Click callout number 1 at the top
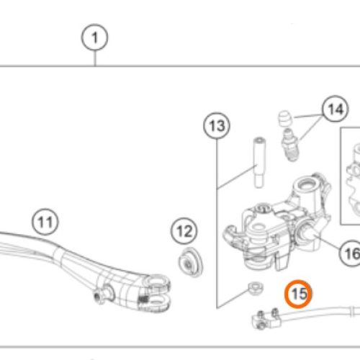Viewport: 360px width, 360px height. pos(94,37)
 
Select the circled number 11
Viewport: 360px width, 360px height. pos(45,222)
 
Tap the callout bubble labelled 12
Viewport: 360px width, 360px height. pos(184,231)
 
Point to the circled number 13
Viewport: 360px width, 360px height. pos(217,125)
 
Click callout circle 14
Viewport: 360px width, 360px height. pos(336,109)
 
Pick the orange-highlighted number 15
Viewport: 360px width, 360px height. pos(298,294)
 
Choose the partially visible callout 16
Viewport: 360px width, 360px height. pos(350,253)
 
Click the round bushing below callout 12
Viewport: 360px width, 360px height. pos(191,263)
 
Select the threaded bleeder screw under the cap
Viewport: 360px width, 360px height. pos(290,145)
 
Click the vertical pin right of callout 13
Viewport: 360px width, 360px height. pos(259,162)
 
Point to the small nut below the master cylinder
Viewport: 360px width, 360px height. pos(256,288)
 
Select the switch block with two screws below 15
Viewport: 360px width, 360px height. pos(266,319)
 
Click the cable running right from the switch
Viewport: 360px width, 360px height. pos(319,312)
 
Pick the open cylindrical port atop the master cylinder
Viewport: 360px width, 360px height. pos(306,187)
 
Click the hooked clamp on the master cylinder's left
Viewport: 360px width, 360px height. pos(233,236)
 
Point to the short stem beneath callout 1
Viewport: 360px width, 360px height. pos(95,58)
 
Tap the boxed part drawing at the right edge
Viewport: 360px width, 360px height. pos(351,176)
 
